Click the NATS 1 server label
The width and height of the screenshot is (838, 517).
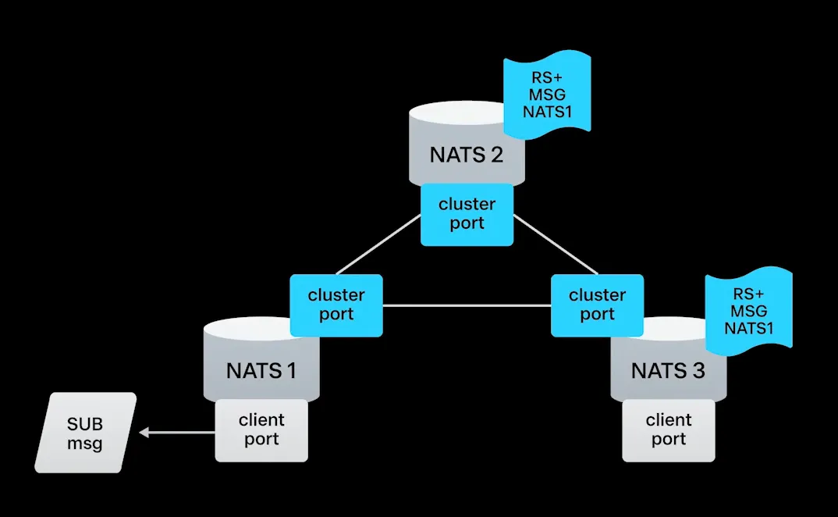(x=261, y=369)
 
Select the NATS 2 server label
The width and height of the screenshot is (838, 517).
(x=466, y=154)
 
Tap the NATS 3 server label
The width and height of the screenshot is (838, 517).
(x=668, y=369)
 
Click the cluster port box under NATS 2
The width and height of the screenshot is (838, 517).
(x=467, y=214)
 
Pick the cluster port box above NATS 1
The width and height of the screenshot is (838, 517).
(x=336, y=305)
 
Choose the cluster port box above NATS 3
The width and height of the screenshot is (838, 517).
(x=597, y=305)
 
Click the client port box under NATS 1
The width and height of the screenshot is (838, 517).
(x=261, y=430)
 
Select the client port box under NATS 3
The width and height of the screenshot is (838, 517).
(x=669, y=430)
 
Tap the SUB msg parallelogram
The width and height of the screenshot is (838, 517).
(x=85, y=433)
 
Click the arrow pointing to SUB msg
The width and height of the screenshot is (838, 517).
(x=177, y=431)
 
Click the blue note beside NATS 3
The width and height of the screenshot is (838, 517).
(x=748, y=310)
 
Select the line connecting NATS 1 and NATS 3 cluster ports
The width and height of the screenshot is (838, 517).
(x=467, y=305)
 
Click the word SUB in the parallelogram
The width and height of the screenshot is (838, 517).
(x=85, y=424)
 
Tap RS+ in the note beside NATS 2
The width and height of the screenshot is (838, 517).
(x=546, y=77)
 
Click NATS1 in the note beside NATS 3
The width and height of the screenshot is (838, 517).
(x=748, y=328)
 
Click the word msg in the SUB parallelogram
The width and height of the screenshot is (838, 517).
(x=85, y=443)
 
